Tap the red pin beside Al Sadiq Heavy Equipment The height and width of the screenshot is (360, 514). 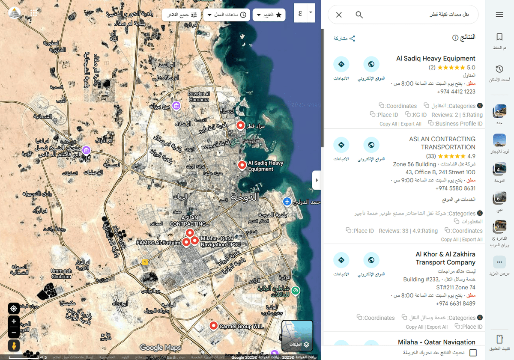click(242, 165)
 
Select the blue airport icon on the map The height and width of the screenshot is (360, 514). click(287, 201)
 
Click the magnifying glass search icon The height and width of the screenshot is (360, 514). click(359, 15)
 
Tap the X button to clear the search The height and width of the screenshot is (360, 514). click(339, 15)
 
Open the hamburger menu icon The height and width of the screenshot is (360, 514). click(499, 15)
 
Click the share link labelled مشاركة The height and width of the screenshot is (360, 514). click(344, 39)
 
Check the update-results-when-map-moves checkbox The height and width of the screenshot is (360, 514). click(473, 353)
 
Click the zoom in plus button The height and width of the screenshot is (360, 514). click(14, 321)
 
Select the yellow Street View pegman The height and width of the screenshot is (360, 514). click(14, 345)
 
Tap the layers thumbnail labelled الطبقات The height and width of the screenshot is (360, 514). click(297, 336)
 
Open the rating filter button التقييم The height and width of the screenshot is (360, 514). click(269, 15)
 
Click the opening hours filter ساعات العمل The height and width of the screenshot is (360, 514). click(227, 15)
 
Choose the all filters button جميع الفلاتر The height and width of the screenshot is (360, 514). click(182, 15)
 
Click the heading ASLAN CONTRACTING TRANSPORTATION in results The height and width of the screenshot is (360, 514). click(442, 143)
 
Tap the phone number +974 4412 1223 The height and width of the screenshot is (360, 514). click(456, 92)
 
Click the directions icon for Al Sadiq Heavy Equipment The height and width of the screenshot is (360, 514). click(341, 64)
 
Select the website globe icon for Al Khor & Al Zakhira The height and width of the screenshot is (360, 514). click(371, 260)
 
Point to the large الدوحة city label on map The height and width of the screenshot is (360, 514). click(245, 197)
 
